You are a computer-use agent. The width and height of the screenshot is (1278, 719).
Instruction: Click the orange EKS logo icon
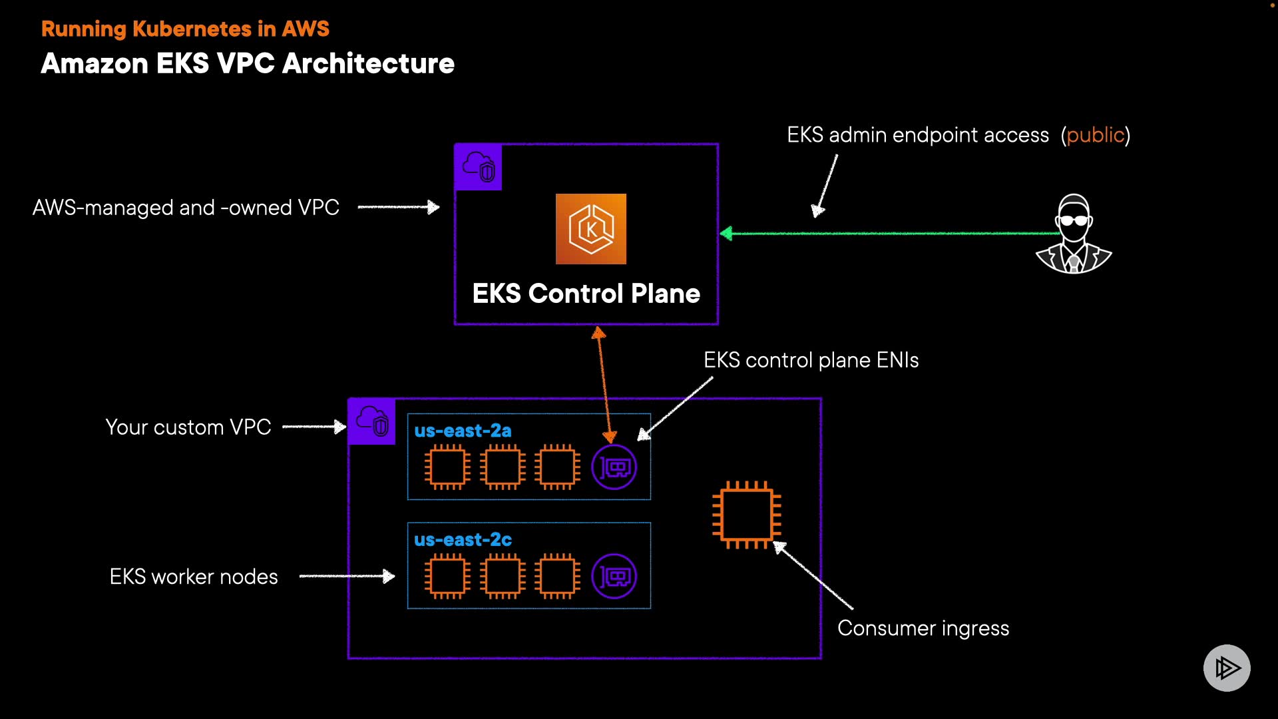590,228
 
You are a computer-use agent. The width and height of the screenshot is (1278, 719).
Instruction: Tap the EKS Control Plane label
586,294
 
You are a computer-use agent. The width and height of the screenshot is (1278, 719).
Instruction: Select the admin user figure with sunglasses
1074,234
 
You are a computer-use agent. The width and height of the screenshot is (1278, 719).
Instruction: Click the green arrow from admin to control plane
892,234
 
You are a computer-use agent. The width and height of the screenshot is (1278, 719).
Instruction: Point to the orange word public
1095,135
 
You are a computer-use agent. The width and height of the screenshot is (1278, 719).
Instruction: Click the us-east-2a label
463,431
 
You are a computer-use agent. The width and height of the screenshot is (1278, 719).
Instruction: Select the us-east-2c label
463,539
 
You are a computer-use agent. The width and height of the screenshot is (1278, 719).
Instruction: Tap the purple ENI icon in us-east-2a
614,467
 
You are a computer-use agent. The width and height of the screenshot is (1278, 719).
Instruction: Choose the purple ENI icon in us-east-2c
614,577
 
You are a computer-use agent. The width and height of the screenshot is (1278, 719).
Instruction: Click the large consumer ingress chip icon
746,515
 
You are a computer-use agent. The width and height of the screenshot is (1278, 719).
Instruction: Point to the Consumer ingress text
923,628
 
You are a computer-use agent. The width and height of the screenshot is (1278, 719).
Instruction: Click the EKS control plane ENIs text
811,360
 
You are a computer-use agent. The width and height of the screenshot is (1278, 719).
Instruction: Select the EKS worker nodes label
193,577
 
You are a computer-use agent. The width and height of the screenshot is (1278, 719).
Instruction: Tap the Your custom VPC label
188,427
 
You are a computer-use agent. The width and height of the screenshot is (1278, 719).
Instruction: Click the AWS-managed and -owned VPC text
186,208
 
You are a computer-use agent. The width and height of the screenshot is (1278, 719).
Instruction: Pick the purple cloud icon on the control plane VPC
478,167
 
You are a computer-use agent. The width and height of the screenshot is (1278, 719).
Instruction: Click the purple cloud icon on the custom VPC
371,421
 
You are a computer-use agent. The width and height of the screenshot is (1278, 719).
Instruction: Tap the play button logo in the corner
1226,668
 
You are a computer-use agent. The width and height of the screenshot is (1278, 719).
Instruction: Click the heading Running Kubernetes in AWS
185,29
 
